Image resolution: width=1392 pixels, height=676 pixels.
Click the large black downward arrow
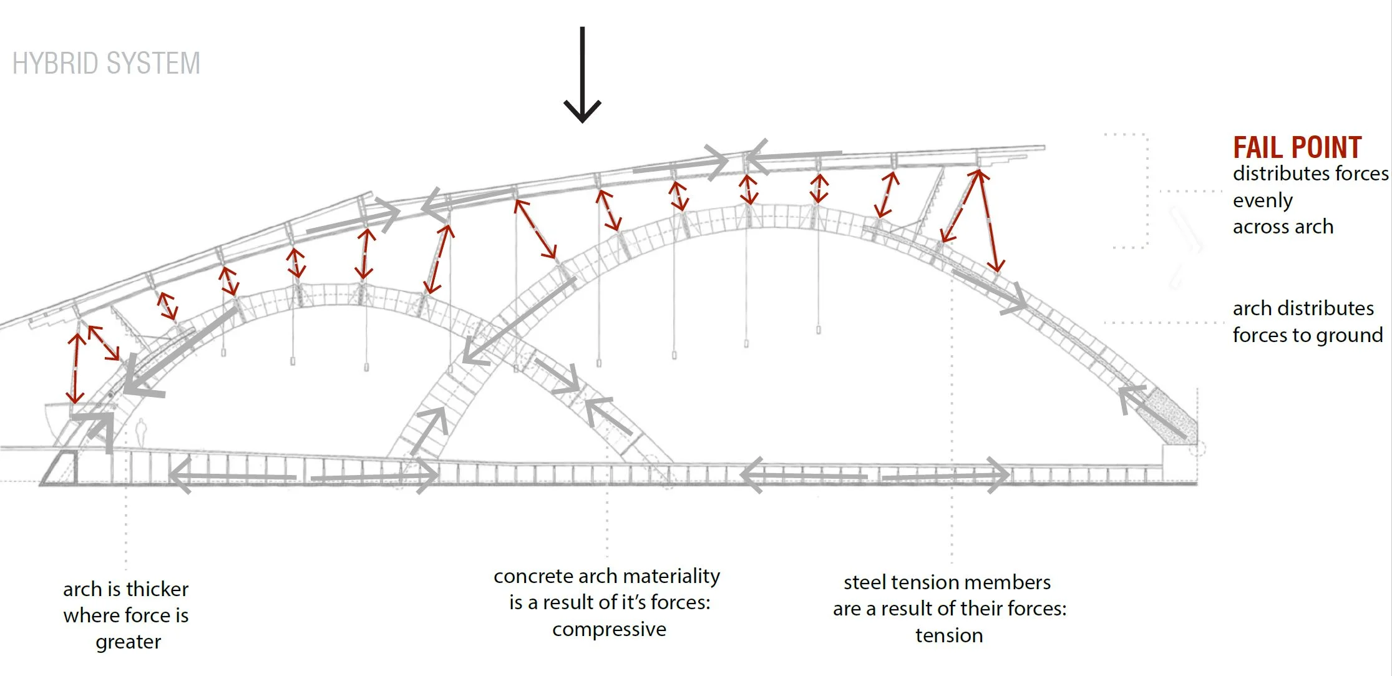pyautogui.click(x=582, y=75)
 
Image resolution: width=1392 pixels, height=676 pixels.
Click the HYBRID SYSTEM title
pyautogui.click(x=106, y=64)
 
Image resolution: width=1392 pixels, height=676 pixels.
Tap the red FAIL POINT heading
pyautogui.click(x=1297, y=148)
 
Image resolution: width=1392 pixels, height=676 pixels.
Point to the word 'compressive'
pyautogui.click(x=609, y=629)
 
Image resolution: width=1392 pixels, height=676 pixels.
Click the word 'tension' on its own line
pyautogui.click(x=949, y=635)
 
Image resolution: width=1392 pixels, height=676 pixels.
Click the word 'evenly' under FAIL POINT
pyautogui.click(x=1262, y=200)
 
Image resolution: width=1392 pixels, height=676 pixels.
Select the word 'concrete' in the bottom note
pyautogui.click(x=533, y=576)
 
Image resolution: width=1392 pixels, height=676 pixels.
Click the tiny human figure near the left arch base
pyautogui.click(x=141, y=431)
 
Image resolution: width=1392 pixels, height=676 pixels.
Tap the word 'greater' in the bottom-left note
pyautogui.click(x=128, y=642)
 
